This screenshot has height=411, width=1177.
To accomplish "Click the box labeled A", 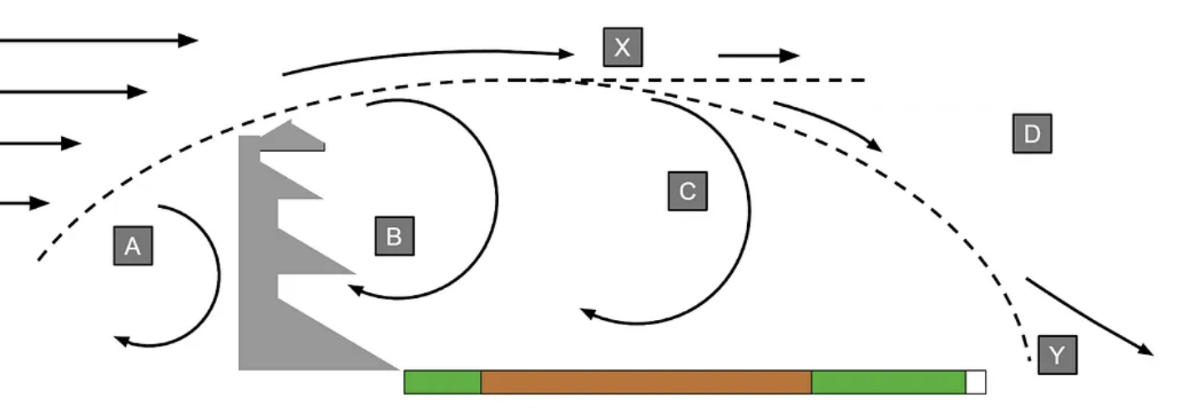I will coord(133,245).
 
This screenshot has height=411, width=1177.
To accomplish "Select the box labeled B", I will coord(394,236).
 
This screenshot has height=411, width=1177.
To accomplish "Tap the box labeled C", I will coord(687,191).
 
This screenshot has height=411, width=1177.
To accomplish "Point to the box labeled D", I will coord(1032,134).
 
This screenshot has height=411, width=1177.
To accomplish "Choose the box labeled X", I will coord(623,47).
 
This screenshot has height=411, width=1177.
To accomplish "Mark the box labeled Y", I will coord(1057,355).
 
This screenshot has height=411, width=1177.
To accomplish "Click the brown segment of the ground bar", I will coord(645,382).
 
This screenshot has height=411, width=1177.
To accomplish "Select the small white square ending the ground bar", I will coord(976,382).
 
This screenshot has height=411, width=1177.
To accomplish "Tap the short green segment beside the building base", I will coord(442,382).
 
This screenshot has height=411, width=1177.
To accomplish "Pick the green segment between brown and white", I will coord(888,382).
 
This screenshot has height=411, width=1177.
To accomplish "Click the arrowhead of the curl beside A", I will coord(122,340).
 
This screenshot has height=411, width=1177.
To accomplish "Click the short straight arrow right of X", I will coord(758,56).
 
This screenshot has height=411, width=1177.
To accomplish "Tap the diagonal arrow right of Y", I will coord(1089,317).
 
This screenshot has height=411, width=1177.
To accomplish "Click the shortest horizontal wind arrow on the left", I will coord(24,203).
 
